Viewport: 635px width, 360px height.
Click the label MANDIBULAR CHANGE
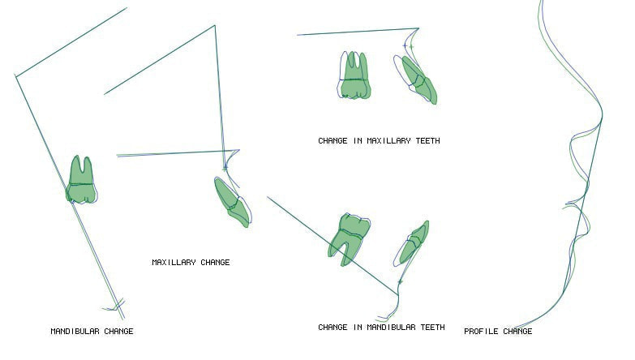[x=92, y=332]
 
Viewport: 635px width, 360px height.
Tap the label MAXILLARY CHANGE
[x=191, y=263]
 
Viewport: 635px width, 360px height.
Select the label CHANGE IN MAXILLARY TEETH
[x=379, y=141]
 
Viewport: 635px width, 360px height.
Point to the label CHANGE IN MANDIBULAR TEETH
[x=381, y=328]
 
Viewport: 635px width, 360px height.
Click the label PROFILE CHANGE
[x=498, y=332]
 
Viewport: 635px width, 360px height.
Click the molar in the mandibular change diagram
[x=81, y=180]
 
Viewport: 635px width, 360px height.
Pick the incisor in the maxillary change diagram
[x=233, y=202]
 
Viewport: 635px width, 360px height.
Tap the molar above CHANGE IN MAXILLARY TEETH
[x=354, y=75]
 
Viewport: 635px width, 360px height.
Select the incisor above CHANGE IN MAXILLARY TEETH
[x=416, y=79]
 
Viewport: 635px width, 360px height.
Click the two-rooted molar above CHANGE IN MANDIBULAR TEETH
[x=348, y=240]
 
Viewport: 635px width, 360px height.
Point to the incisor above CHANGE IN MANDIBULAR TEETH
[x=411, y=244]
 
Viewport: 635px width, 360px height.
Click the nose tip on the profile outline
[x=602, y=116]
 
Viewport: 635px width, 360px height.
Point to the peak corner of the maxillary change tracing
[x=215, y=25]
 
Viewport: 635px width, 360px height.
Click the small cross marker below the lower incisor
[x=400, y=281]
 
